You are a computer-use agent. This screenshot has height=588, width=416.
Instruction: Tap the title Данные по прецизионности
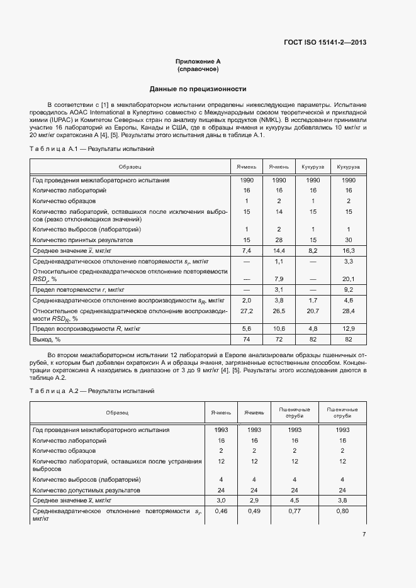(x=198, y=89)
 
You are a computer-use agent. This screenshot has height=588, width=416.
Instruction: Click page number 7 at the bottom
(x=364, y=535)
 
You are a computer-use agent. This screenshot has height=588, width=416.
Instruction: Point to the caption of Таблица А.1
(x=92, y=149)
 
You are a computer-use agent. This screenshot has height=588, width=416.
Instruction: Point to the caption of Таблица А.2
(x=92, y=391)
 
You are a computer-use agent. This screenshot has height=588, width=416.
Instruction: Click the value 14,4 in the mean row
(x=279, y=250)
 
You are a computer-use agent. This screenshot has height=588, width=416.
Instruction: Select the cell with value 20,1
(x=348, y=279)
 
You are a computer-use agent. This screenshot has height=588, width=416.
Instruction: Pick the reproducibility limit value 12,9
(x=348, y=328)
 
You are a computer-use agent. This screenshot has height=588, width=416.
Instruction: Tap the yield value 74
(x=247, y=340)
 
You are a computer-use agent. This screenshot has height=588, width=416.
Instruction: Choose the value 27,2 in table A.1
(x=247, y=311)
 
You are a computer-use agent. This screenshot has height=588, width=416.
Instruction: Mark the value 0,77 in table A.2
(x=295, y=511)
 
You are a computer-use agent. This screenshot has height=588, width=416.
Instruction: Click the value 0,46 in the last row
(x=222, y=511)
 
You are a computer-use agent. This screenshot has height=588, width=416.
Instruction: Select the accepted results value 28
(x=279, y=240)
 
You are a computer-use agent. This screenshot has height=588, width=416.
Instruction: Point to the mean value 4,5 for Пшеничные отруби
(x=295, y=501)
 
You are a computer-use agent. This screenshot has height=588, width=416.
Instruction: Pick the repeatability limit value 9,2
(x=348, y=289)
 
